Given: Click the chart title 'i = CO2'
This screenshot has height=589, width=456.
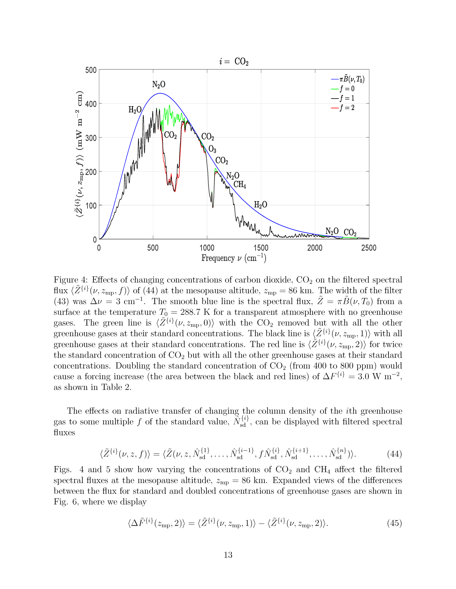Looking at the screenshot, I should pyautogui.click(x=233, y=62).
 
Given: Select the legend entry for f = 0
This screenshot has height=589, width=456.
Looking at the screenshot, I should pyautogui.click(x=347, y=89).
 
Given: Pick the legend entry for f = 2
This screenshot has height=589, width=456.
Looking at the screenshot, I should pyautogui.click(x=347, y=108).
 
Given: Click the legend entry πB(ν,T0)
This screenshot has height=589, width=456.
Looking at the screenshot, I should pyautogui.click(x=352, y=79).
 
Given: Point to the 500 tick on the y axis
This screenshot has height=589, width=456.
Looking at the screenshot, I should pyautogui.click(x=91, y=70).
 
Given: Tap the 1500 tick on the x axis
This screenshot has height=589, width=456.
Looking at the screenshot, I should pyautogui.click(x=261, y=248).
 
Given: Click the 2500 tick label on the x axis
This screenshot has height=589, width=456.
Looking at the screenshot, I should pyautogui.click(x=369, y=248).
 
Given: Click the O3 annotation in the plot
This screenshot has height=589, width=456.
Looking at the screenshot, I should pyautogui.click(x=212, y=149).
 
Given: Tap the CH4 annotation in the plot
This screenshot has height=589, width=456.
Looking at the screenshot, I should pyautogui.click(x=239, y=184).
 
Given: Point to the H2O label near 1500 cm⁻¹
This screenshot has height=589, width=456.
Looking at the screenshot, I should pyautogui.click(x=260, y=205).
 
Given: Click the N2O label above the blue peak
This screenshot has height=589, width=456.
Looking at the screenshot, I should pyautogui.click(x=159, y=85).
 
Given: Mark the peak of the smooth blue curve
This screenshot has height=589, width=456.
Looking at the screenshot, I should pyautogui.click(x=160, y=93).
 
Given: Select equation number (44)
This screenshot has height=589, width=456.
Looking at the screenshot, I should pyautogui.click(x=394, y=454).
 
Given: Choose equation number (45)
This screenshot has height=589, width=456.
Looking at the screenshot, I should pyautogui.click(x=394, y=523).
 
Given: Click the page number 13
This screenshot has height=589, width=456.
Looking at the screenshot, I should pyautogui.click(x=228, y=555).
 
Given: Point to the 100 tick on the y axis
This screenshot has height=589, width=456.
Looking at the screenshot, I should pyautogui.click(x=91, y=205).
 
